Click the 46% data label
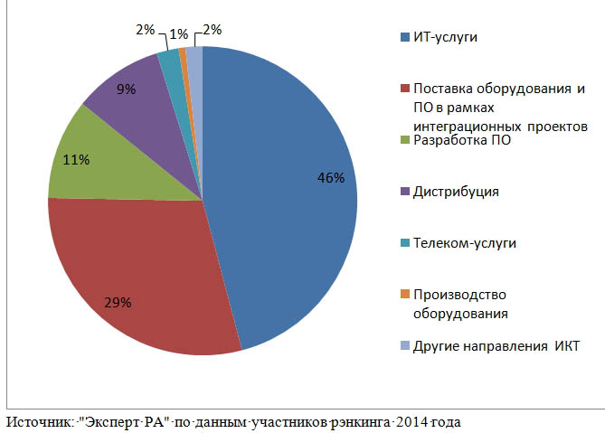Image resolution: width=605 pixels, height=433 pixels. coord(331,178)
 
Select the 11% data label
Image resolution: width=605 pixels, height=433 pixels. coord(75,160)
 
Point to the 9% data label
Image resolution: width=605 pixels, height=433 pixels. coord(126,89)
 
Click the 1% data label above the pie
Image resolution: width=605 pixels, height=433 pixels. coord(179,33)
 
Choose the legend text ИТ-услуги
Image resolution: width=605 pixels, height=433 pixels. coord(445,37)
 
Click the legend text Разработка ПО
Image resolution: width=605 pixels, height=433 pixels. coord(458,140)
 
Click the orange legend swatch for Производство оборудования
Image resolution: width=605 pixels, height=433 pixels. coord(405,296)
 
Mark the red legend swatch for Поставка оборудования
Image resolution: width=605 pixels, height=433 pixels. coord(405,89)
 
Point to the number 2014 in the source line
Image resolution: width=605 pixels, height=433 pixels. coord(403,422)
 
